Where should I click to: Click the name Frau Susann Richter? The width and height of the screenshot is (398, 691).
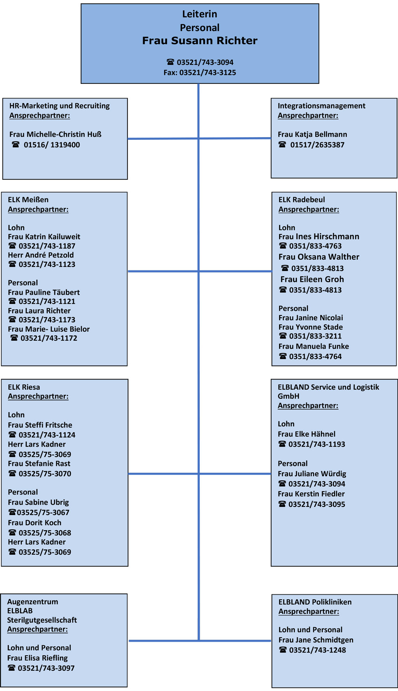click(200, 41)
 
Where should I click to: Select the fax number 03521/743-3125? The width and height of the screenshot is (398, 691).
click(208, 73)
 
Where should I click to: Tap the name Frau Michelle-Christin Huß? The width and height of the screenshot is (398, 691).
click(55, 134)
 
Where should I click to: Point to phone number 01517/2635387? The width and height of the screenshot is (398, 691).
click(317, 145)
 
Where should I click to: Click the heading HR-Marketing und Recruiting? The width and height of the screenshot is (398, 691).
click(59, 106)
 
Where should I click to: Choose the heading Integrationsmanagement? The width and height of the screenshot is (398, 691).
click(321, 106)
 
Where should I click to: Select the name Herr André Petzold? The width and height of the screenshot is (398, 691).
click(41, 255)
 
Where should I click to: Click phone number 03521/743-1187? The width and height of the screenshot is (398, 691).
click(47, 246)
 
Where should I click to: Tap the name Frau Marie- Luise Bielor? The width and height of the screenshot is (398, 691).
click(49, 329)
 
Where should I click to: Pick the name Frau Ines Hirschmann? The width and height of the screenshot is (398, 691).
click(319, 237)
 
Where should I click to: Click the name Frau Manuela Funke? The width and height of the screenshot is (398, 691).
click(314, 346)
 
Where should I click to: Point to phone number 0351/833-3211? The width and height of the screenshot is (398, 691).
click(315, 336)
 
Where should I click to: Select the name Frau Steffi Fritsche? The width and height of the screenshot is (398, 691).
click(40, 425)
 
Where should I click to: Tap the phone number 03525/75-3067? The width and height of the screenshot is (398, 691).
click(43, 513)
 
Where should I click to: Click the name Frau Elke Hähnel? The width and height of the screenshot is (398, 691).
click(306, 434)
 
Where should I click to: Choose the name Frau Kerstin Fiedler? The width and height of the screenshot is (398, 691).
click(311, 494)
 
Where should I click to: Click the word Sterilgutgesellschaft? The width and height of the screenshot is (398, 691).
click(42, 620)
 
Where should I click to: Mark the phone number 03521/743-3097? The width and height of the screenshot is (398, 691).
click(46, 668)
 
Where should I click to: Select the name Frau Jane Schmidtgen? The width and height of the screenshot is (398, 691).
click(316, 640)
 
